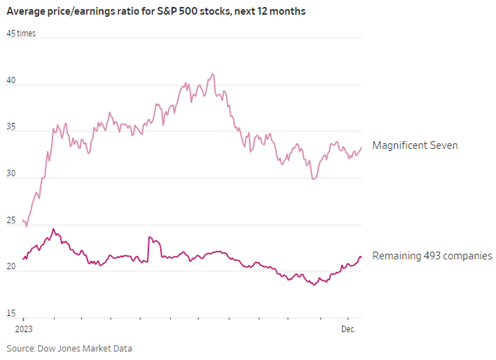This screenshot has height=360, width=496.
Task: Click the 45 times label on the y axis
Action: tap(21, 33)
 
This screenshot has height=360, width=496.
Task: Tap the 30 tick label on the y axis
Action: tap(11, 173)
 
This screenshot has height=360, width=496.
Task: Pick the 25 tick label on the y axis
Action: tap(11, 220)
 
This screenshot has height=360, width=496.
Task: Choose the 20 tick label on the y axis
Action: tap(11, 266)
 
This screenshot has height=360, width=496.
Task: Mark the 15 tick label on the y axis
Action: tap(11, 313)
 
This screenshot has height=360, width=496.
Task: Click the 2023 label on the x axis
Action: tap(23, 330)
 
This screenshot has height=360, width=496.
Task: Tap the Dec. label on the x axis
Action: tap(347, 330)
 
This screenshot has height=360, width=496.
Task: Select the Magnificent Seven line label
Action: tap(415, 145)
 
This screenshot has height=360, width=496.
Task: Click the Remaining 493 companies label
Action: tap(432, 256)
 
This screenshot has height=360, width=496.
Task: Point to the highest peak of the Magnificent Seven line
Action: tap(213, 74)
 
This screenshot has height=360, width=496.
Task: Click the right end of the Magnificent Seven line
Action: tap(361, 147)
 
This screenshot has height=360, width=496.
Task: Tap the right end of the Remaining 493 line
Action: tap(361, 257)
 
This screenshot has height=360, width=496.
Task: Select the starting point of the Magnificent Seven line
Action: tap(23, 220)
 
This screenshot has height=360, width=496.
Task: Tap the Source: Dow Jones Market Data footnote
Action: tap(69, 348)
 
